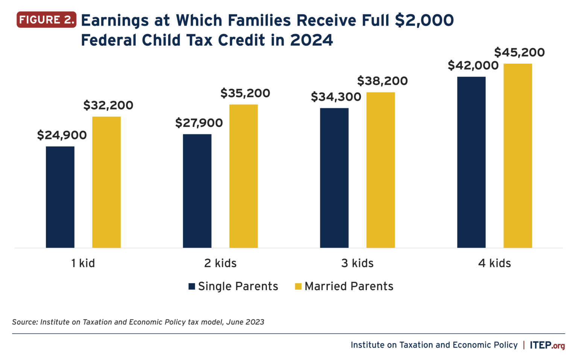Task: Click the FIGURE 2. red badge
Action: pyautogui.click(x=46, y=20)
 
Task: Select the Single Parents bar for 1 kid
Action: pyautogui.click(x=60, y=197)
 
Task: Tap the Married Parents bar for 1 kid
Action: pyautogui.click(x=106, y=182)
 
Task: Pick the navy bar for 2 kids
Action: pyautogui.click(x=197, y=191)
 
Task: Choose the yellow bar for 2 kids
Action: pyautogui.click(x=243, y=176)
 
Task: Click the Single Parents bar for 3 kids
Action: pyautogui.click(x=334, y=178)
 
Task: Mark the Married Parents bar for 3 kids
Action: pyautogui.click(x=380, y=170)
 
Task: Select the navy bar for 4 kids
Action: pyautogui.click(x=471, y=162)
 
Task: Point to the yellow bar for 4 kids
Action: pyautogui.click(x=518, y=155)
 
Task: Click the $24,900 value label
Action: pyautogui.click(x=62, y=135)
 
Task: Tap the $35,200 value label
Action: pyautogui.click(x=245, y=93)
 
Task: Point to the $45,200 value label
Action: pyautogui.click(x=519, y=52)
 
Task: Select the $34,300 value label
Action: pyautogui.click(x=336, y=97)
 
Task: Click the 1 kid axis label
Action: pyautogui.click(x=83, y=263)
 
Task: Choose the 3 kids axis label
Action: pyautogui.click(x=357, y=263)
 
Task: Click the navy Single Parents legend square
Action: pyautogui.click(x=192, y=286)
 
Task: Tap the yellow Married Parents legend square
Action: pyautogui.click(x=298, y=286)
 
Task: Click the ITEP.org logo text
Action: pyautogui.click(x=547, y=345)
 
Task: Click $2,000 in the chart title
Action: pyautogui.click(x=424, y=21)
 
